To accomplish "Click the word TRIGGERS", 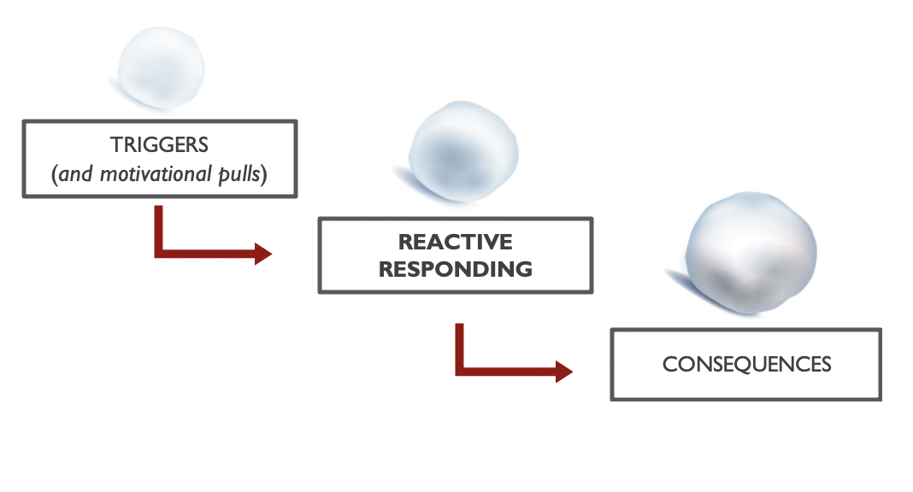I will tap(159, 146).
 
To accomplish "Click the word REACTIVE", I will tap(455, 243).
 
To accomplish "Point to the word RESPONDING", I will tap(455, 269).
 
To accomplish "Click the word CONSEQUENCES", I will tap(745, 364).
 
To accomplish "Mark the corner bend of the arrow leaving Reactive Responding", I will tap(460, 370).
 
